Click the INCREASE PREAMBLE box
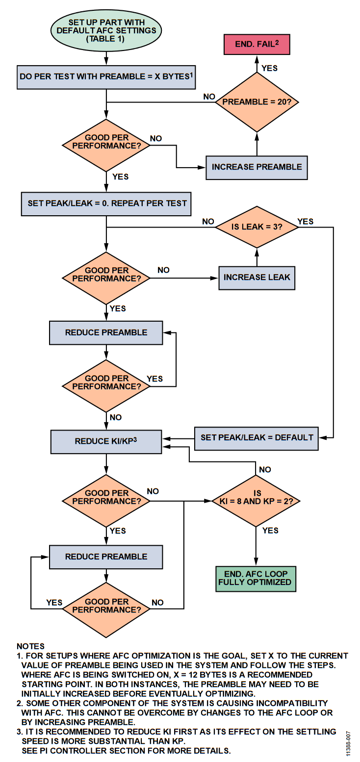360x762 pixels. point(257,167)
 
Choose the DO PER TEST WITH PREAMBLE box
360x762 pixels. point(106,77)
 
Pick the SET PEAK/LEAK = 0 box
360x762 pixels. point(106,203)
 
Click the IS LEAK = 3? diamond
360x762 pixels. point(257,227)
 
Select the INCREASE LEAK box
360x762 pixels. point(257,278)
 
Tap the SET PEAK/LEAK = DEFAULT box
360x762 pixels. point(257,437)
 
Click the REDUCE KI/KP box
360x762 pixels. point(106,441)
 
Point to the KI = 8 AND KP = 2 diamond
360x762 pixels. point(256,501)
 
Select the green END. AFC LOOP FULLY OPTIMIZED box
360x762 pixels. point(256,579)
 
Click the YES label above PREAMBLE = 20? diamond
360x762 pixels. point(269,68)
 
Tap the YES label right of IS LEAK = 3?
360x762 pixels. point(306,221)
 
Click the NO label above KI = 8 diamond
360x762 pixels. point(265,470)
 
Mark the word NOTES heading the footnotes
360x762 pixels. point(30,646)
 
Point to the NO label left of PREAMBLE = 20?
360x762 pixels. point(209,97)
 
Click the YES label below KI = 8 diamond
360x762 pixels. point(270,531)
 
